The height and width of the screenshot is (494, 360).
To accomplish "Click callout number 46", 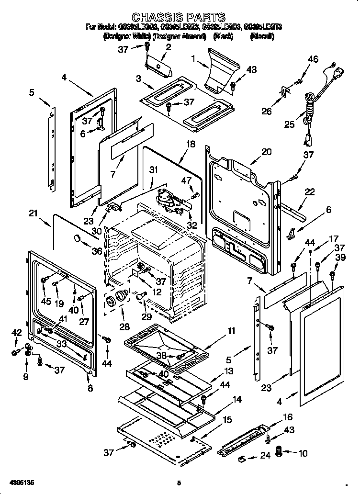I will point(313,59).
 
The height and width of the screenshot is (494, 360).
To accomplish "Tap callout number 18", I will point(191,144).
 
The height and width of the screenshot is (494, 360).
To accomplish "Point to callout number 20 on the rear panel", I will point(266,152).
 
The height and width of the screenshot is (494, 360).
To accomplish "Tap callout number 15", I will point(227,420).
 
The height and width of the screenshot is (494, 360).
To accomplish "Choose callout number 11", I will point(231,330).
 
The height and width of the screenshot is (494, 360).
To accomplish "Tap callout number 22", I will point(310,192).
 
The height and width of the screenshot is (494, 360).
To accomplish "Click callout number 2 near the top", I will point(169,46).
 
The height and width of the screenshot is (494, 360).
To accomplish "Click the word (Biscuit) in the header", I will point(262,36).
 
